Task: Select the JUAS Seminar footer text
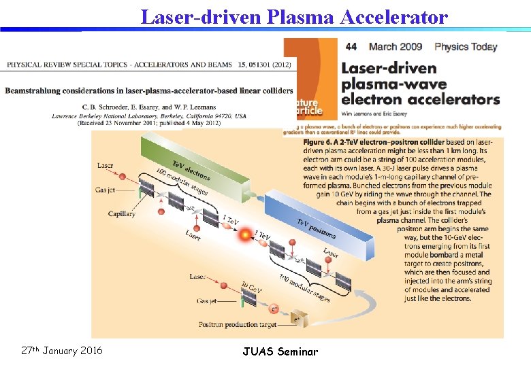(x=280, y=351)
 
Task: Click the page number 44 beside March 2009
(x=351, y=48)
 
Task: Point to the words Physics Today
(x=466, y=48)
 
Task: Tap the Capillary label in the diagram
(x=122, y=213)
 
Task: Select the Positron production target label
(x=238, y=326)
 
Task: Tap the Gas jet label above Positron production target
(x=209, y=300)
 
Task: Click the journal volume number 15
(x=242, y=65)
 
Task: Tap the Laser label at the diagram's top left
(x=106, y=165)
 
